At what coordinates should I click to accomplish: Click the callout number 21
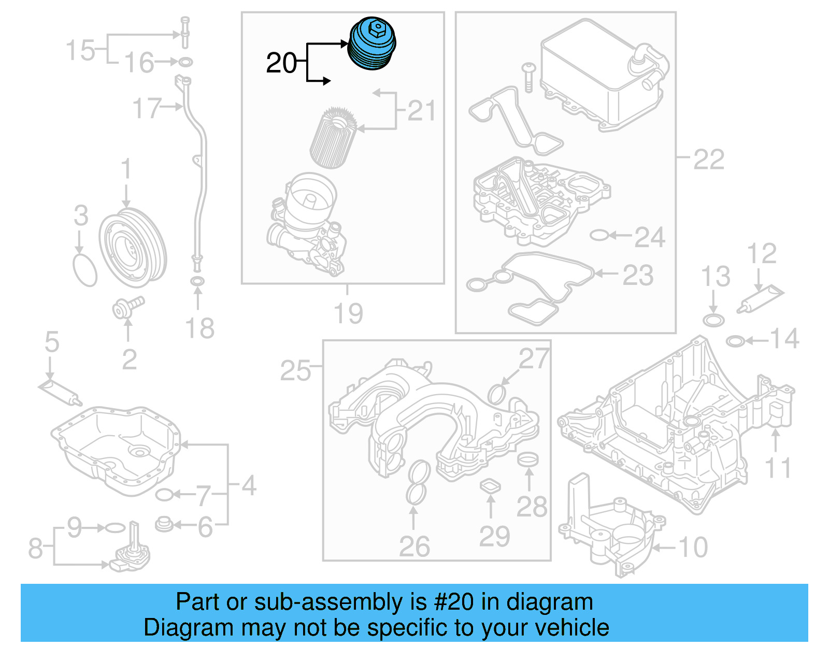click(x=421, y=111)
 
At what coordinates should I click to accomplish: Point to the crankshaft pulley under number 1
click(x=133, y=248)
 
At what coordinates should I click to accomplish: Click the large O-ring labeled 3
click(x=85, y=269)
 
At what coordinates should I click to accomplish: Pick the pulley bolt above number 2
click(x=127, y=307)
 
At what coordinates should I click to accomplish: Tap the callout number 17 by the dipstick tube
click(x=147, y=108)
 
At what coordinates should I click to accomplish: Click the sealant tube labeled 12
click(x=760, y=300)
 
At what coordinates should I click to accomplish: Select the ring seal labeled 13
click(x=713, y=320)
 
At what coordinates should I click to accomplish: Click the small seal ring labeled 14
click(x=735, y=341)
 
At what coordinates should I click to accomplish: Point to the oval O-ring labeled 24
click(x=599, y=236)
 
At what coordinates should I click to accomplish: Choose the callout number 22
click(x=708, y=160)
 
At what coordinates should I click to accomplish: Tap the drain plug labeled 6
click(x=164, y=524)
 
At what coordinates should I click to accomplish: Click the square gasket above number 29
click(x=490, y=486)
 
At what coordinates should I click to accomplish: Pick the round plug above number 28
click(x=528, y=458)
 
